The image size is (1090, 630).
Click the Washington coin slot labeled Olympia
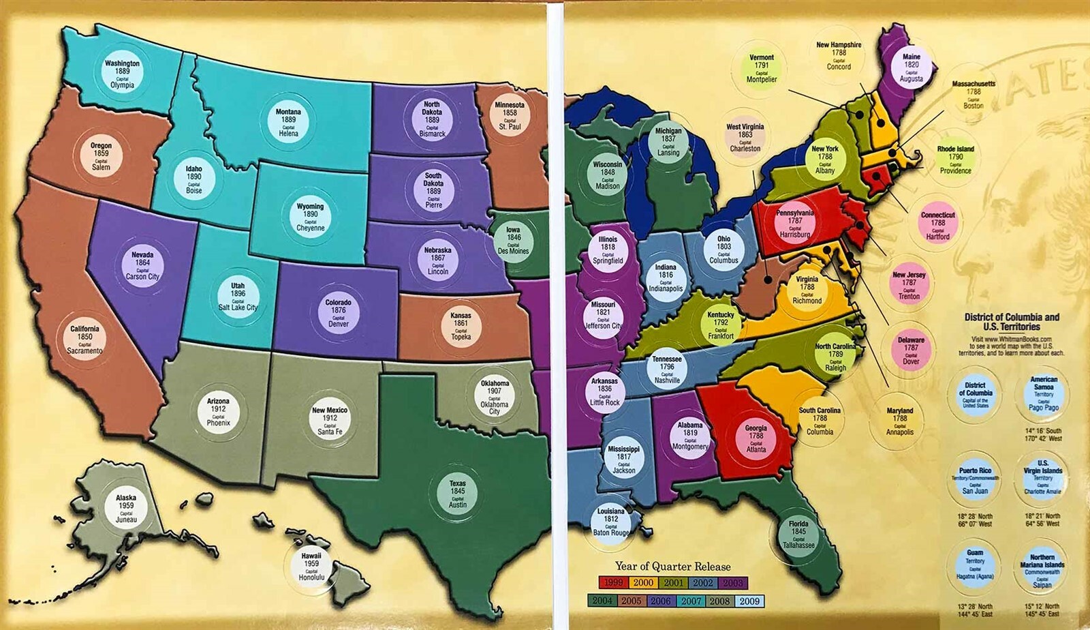[x=123, y=74]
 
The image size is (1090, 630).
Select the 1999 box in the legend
[x=613, y=583]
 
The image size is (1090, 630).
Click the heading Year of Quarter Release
[x=672, y=566]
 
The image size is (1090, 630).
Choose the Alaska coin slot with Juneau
[x=126, y=508]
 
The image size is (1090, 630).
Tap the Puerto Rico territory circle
[x=976, y=480]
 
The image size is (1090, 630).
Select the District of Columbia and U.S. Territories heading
[x=1012, y=321]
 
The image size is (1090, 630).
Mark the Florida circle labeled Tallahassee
[x=798, y=534]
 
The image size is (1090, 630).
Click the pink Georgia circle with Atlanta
[x=756, y=438]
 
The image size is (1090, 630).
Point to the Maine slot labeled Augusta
[x=911, y=67]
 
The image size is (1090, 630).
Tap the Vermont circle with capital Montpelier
[x=762, y=68]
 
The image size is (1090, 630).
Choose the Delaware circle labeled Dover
[x=911, y=350]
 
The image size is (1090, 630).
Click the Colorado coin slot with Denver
[x=338, y=313]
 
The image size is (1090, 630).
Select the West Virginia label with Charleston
[x=745, y=137]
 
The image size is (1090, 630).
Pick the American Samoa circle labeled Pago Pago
[x=1044, y=393]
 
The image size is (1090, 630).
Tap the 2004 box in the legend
[x=601, y=601]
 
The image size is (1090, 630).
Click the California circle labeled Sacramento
[x=85, y=339]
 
